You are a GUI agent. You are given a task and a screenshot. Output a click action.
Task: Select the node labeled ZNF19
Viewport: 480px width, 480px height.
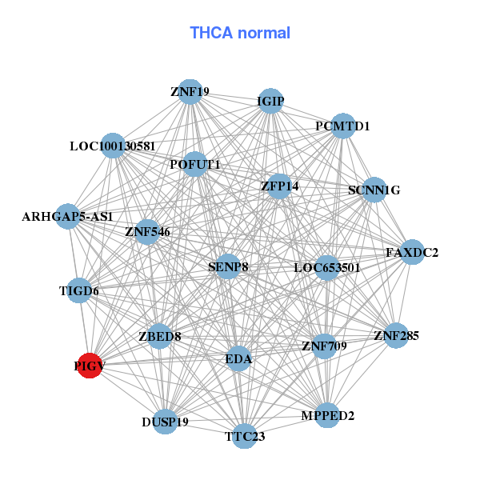click(190, 92)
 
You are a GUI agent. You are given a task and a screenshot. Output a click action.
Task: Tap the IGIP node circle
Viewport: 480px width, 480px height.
click(270, 101)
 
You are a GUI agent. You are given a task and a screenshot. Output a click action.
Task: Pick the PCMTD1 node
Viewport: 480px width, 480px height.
click(342, 126)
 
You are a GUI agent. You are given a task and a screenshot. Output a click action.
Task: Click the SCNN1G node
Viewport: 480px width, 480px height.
click(374, 190)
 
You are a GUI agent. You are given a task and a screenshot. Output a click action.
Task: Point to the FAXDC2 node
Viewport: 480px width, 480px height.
click(412, 253)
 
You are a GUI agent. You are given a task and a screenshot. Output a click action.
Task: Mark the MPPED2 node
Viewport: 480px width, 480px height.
click(328, 415)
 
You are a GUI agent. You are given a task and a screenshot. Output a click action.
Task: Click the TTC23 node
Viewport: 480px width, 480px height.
click(245, 436)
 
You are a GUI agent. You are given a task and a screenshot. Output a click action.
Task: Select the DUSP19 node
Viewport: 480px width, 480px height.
click(165, 422)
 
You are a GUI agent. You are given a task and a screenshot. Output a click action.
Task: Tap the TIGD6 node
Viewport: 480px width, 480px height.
click(79, 290)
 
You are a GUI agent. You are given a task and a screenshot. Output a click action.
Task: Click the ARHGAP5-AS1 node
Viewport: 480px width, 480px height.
click(67, 217)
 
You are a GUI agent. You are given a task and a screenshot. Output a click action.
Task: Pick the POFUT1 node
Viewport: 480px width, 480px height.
click(195, 165)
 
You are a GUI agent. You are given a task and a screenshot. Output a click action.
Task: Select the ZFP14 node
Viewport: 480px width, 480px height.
click(280, 186)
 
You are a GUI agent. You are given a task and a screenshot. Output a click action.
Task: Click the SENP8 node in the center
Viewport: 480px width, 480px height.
click(228, 266)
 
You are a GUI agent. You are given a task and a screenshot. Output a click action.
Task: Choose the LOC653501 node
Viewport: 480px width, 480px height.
click(326, 267)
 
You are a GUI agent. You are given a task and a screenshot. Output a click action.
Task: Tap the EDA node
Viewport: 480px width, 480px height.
click(238, 359)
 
